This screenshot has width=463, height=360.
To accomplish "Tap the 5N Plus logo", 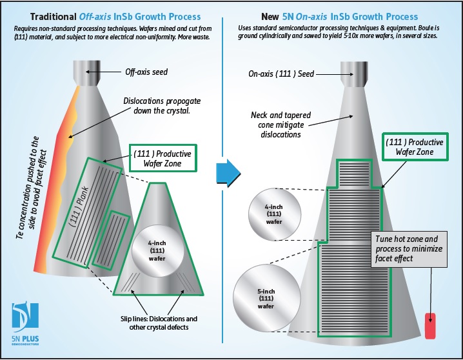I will pos(25,321).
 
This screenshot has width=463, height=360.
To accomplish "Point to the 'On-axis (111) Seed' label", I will pos(281,74).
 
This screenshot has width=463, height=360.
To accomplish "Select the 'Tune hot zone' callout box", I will pos(408,248).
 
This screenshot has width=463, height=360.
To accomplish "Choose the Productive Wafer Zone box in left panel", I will pos(162,159).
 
